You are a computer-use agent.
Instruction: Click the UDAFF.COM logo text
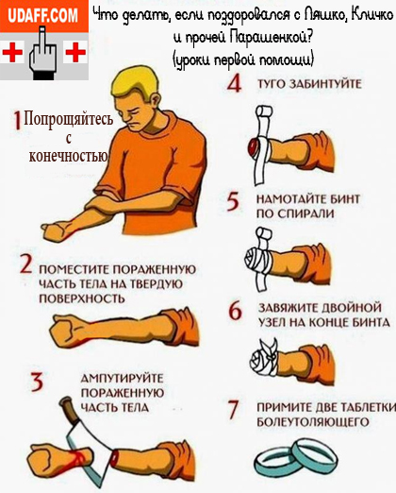(42, 15)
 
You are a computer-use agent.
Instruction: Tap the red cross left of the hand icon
(12, 52)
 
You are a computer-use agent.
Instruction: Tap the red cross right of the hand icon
(75, 52)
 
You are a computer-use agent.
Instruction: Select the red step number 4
(235, 84)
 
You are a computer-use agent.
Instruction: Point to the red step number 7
(233, 410)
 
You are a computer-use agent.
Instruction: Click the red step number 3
(37, 382)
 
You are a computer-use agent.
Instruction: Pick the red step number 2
(26, 263)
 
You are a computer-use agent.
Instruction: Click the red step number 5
(233, 202)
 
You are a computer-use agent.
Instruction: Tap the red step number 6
(235, 311)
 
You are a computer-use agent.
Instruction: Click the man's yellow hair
(135, 81)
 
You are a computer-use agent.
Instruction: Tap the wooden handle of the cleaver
(68, 410)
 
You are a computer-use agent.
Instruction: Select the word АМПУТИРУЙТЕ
(123, 378)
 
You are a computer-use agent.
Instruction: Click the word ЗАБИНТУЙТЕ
(324, 84)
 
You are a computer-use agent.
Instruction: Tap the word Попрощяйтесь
(69, 120)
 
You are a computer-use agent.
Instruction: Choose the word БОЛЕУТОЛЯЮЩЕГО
(313, 421)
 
